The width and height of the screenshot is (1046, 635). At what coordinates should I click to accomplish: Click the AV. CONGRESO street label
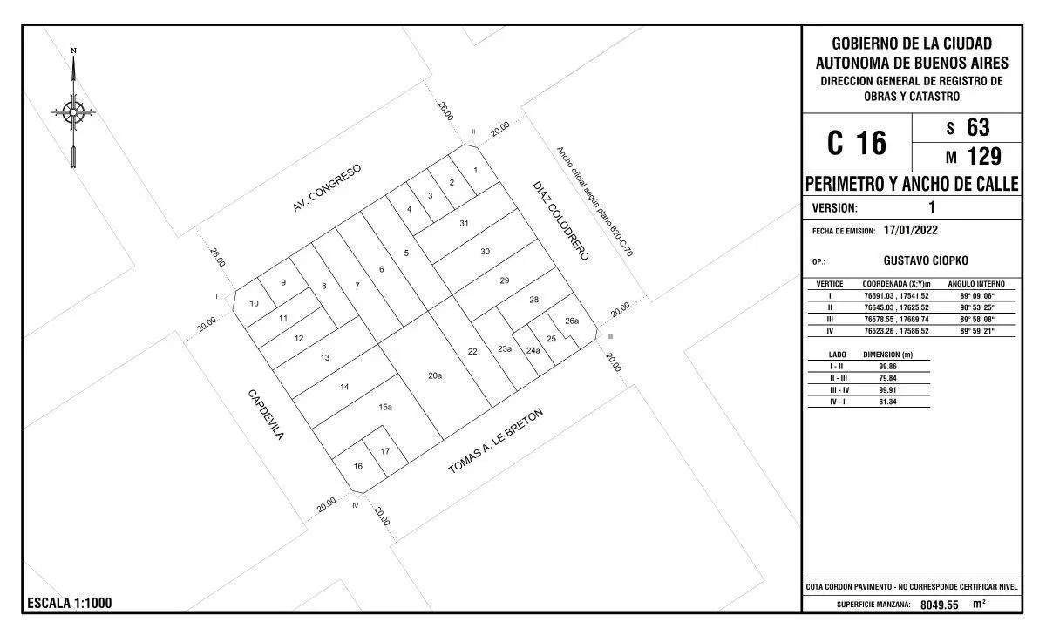(x=327, y=187)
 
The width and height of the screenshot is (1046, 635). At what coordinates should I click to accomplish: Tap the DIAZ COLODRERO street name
(x=560, y=220)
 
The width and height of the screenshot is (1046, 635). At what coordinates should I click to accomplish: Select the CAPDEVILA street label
(x=266, y=415)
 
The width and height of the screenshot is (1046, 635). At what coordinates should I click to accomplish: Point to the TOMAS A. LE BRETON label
(x=495, y=441)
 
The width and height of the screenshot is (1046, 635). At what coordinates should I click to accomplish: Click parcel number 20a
(x=435, y=375)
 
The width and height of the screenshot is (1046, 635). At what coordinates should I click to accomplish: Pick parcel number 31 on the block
(x=464, y=223)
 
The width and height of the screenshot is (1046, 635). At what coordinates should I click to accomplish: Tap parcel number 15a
(x=384, y=407)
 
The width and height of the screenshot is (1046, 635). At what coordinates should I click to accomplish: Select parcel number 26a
(x=572, y=321)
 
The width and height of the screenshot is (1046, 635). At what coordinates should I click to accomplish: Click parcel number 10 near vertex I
(x=254, y=303)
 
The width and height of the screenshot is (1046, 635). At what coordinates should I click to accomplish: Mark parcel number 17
(x=384, y=451)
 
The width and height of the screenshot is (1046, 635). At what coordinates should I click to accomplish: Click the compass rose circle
(x=73, y=112)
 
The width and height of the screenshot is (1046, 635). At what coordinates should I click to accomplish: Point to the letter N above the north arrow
(x=73, y=51)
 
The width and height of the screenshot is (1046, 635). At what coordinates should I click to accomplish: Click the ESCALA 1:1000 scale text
(x=70, y=603)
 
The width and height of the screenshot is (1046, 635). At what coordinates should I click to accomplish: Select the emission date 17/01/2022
(x=911, y=230)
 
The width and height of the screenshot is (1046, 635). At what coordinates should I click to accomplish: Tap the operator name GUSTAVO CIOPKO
(x=926, y=260)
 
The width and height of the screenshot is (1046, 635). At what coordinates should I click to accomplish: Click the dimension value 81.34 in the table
(x=887, y=402)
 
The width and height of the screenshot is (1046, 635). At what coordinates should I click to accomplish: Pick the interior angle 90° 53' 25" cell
(x=976, y=307)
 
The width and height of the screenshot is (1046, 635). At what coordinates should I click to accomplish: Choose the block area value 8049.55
(x=939, y=605)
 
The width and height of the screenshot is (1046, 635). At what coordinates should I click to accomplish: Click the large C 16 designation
(x=856, y=143)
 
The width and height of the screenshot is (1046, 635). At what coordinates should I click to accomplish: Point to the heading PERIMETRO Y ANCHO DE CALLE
(x=912, y=184)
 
